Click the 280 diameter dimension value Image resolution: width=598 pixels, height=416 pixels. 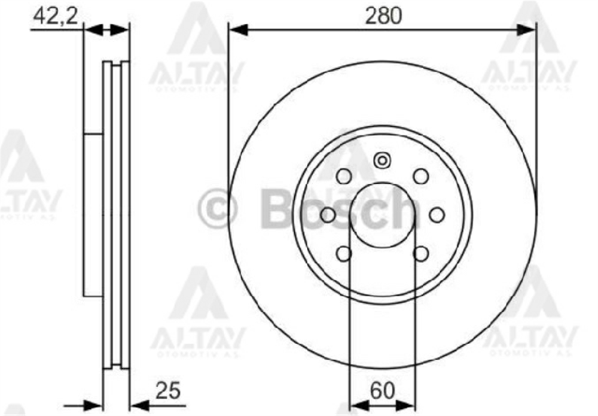(x=383, y=16)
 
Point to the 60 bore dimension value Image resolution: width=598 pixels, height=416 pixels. (x=383, y=391)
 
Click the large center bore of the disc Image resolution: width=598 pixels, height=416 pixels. (x=383, y=215)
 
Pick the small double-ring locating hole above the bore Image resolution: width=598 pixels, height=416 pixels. (x=382, y=160)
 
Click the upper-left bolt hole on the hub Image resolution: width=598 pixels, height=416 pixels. (x=344, y=177)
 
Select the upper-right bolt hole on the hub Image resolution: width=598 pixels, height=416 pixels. (x=421, y=177)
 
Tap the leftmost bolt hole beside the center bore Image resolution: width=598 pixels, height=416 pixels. (x=328, y=215)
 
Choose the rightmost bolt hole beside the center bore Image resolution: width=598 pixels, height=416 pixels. (x=437, y=215)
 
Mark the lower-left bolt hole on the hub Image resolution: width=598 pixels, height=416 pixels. (x=344, y=253)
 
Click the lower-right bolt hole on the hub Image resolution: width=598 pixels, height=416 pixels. (x=421, y=253)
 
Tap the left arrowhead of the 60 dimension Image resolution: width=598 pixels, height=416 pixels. (x=358, y=405)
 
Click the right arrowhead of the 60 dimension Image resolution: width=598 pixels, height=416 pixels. (x=407, y=405)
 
